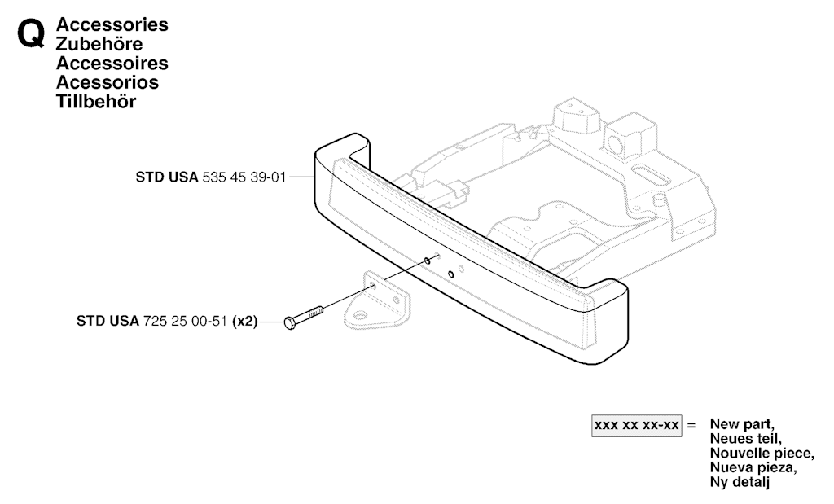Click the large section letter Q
pyautogui.click(x=30, y=35)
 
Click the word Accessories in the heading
pyautogui.click(x=112, y=24)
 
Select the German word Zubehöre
pyautogui.click(x=99, y=44)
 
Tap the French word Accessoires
pyautogui.click(x=112, y=63)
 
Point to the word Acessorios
pyautogui.click(x=108, y=82)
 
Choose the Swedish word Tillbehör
pyautogui.click(x=96, y=101)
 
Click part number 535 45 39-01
pyautogui.click(x=244, y=177)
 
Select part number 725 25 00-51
pyautogui.click(x=185, y=321)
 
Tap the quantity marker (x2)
pyautogui.click(x=244, y=321)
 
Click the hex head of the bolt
pyautogui.click(x=290, y=322)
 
